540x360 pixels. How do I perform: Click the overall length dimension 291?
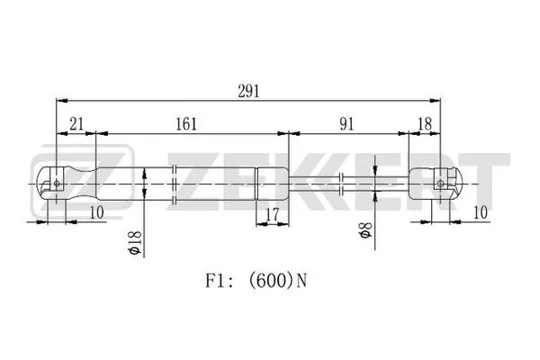point(249,89)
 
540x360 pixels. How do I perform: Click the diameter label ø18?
point(135,243)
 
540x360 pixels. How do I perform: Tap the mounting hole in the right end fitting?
point(440,183)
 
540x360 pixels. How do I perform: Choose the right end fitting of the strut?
point(436,183)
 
